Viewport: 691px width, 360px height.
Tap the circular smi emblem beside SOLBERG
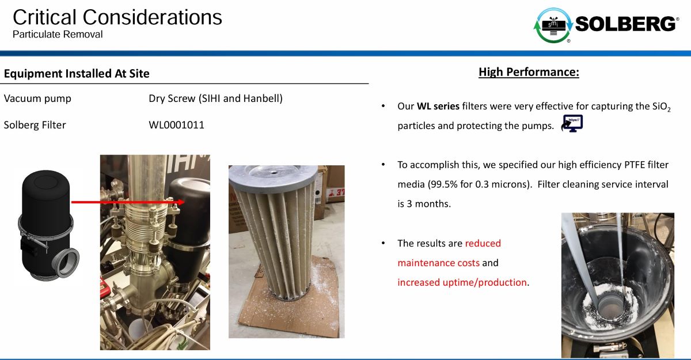pyautogui.click(x=553, y=25)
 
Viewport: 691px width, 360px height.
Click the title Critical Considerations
pyautogui.click(x=117, y=17)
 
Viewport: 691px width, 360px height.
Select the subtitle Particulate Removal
pyautogui.click(x=58, y=34)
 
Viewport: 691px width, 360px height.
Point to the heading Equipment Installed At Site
pyautogui.click(x=77, y=73)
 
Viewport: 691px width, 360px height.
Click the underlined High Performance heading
pyautogui.click(x=529, y=72)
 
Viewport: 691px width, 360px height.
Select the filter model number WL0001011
pyautogui.click(x=176, y=125)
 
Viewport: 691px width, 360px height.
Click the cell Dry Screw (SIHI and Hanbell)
pyautogui.click(x=215, y=98)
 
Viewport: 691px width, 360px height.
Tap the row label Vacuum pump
pyautogui.click(x=37, y=98)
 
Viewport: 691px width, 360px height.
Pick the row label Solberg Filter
pyautogui.click(x=35, y=125)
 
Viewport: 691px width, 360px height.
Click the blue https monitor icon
pyautogui.click(x=572, y=123)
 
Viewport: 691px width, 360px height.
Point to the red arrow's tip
pyautogui.click(x=184, y=202)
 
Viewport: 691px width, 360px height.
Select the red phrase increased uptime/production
pyautogui.click(x=462, y=282)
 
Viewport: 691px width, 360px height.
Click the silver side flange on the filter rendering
pyautogui.click(x=68, y=263)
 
